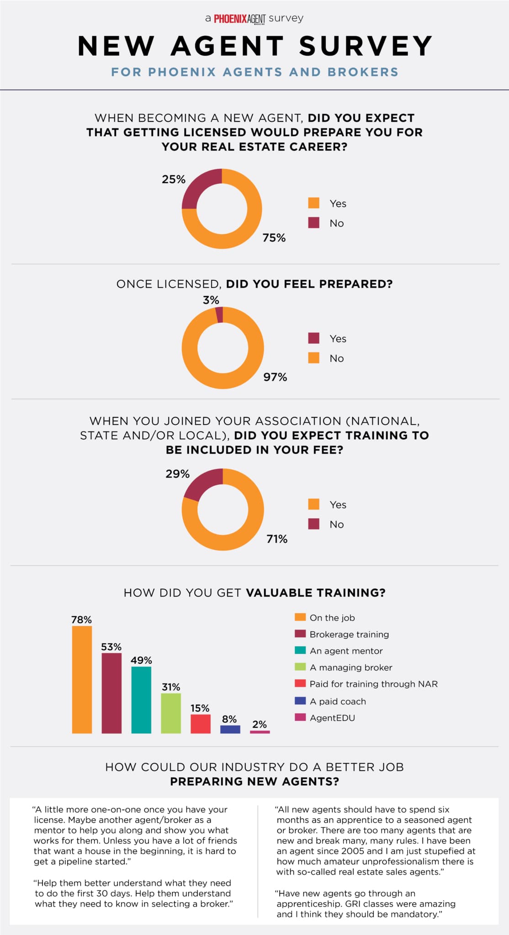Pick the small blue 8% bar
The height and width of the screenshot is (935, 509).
point(230,729)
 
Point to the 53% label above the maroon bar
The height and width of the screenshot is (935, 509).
point(111,646)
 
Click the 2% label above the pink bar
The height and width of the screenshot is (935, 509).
point(260,724)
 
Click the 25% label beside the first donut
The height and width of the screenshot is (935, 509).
point(174,179)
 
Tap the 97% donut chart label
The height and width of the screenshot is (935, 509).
point(275,377)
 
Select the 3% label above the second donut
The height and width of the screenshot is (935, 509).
point(211,300)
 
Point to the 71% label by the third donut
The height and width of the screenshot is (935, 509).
point(277,539)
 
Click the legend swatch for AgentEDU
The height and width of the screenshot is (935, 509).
point(300,717)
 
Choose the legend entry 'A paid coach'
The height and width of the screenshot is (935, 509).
point(338,701)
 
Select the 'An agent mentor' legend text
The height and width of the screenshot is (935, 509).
point(346,651)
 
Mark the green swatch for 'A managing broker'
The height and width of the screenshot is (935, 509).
point(300,667)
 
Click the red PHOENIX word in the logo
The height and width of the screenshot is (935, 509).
point(230,19)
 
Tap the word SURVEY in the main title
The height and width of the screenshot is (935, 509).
point(366,46)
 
